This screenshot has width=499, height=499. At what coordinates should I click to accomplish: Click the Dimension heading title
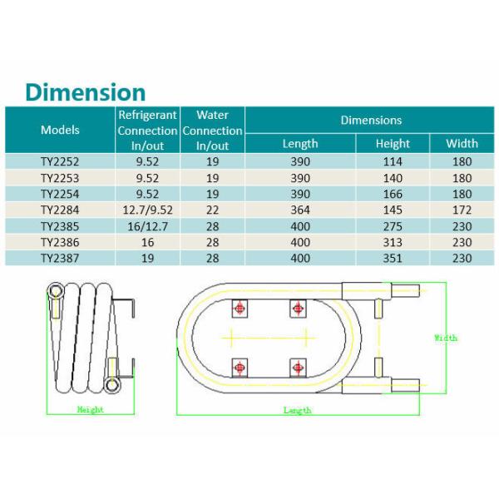point(85,92)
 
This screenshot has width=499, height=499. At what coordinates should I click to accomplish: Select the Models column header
point(60,130)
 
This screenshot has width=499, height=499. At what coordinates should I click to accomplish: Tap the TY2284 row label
point(60,210)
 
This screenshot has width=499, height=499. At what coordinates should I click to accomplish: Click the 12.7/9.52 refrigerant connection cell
point(147,210)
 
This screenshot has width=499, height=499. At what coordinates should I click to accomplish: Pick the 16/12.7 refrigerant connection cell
point(147,226)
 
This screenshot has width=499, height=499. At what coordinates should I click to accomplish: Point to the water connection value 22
point(212,210)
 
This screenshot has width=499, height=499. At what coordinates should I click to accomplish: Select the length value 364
point(300,210)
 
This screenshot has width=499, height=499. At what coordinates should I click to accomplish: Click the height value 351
point(393,258)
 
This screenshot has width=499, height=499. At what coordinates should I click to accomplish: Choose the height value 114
point(393,161)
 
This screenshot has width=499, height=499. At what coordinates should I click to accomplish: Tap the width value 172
point(462,210)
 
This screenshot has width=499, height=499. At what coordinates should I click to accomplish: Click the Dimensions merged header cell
point(371,120)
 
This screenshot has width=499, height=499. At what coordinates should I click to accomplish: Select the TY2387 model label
point(60,258)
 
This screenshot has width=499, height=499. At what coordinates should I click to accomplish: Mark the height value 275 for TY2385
point(393,226)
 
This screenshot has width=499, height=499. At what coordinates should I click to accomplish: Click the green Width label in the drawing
point(446,338)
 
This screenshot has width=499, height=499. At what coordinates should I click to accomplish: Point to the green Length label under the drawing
point(297,410)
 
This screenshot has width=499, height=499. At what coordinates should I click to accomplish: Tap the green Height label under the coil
point(90,409)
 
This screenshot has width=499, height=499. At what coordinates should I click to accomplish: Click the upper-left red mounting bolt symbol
point(240,309)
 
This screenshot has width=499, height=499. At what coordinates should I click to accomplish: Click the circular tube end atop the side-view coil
point(56,291)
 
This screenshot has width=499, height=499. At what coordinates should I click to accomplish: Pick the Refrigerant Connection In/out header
point(147,130)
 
